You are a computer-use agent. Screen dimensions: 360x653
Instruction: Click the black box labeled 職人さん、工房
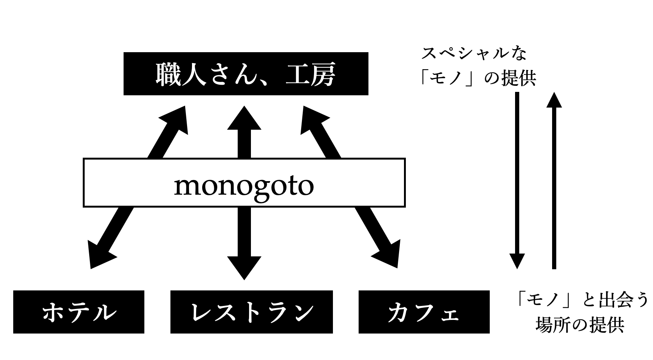[x=246, y=74]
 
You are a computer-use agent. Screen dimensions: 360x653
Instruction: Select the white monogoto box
[x=244, y=183]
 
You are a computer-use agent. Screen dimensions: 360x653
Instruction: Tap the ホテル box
[x=79, y=312]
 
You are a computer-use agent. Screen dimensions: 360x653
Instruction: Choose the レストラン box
[x=251, y=312]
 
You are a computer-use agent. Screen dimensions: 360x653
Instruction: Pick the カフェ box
[x=424, y=312]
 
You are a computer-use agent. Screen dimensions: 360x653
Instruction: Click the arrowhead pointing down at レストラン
[x=244, y=267]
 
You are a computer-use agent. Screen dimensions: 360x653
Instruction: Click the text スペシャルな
[x=474, y=54]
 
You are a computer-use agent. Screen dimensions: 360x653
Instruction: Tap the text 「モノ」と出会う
[x=581, y=301]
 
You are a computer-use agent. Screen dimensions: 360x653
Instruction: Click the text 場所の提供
[x=580, y=325]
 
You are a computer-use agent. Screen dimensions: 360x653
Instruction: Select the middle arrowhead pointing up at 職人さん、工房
[x=244, y=119]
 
